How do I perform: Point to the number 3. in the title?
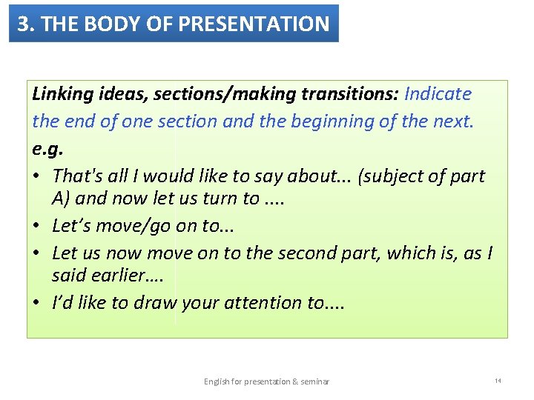coord(26,24)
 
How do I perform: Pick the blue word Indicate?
coord(438,94)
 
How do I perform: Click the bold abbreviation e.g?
coord(48,148)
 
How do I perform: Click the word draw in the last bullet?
coord(153,302)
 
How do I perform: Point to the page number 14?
coord(498,381)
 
